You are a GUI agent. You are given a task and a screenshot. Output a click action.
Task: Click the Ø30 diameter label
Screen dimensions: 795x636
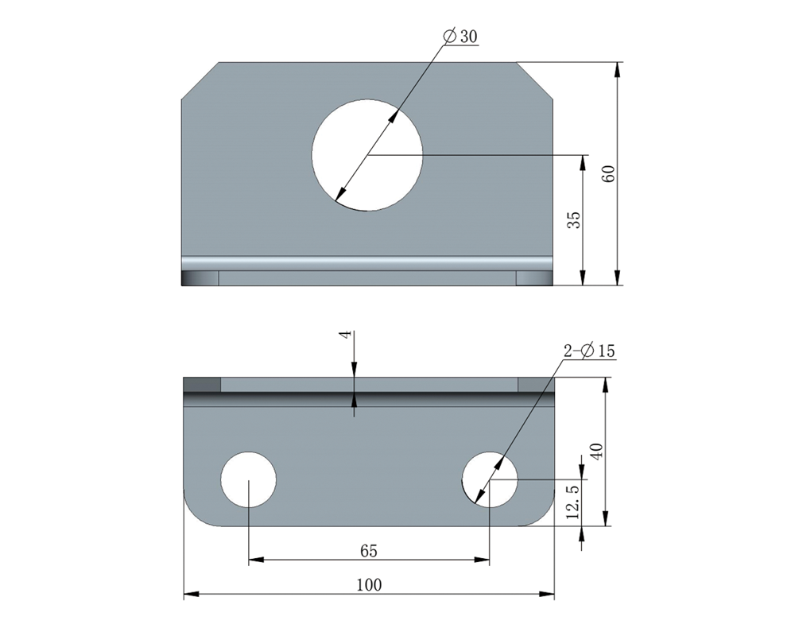460,37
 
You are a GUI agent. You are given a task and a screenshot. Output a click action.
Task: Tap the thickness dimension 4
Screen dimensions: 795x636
347,335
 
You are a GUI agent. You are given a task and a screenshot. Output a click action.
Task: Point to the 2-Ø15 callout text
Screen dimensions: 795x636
589,351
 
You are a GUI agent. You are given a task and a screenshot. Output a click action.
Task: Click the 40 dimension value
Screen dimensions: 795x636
597,451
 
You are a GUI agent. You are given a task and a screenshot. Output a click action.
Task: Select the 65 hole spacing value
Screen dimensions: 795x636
369,550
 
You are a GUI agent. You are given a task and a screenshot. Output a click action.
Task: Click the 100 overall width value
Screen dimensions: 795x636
369,585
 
